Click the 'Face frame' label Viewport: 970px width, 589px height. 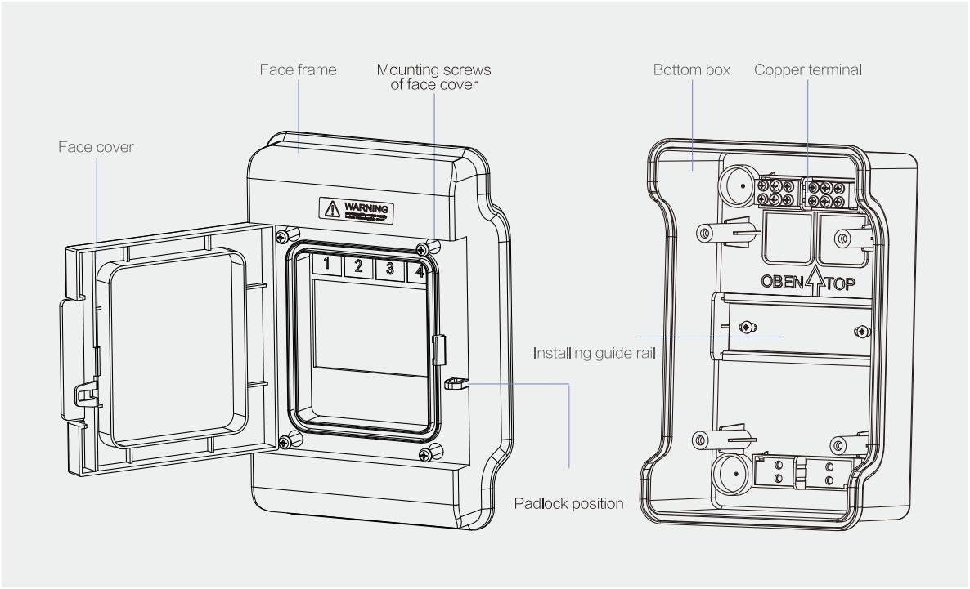298,70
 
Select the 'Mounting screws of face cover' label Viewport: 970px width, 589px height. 433,76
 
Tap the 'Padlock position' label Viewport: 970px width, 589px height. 569,503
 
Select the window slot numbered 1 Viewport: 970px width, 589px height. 326,265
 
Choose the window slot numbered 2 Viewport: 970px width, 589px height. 358,265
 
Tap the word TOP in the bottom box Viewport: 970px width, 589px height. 840,284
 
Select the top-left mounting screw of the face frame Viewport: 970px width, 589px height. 281,236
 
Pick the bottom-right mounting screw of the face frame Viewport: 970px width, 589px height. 435,448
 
